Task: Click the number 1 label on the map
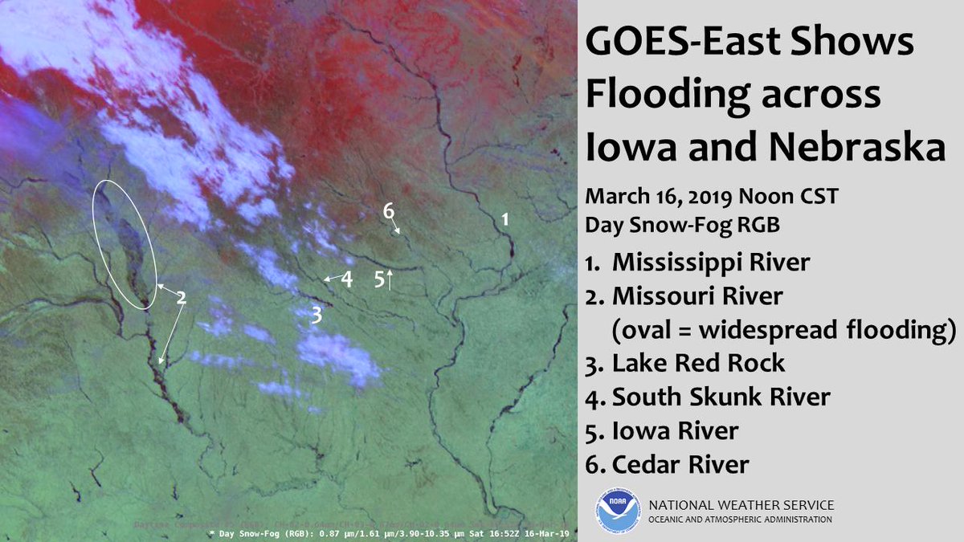(505, 218)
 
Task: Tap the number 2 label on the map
(182, 298)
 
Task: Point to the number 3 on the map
(317, 315)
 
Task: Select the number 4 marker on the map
(347, 279)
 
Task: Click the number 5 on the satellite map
(378, 279)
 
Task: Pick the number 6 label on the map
(389, 211)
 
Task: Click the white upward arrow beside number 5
(390, 279)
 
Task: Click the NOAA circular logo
(617, 511)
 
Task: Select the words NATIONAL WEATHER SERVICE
(741, 505)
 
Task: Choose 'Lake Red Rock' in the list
(698, 363)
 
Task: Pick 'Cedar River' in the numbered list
(680, 464)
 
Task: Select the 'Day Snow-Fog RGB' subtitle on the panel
(682, 227)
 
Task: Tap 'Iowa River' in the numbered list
(675, 430)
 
